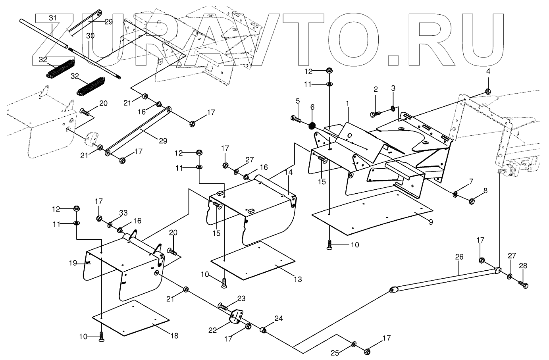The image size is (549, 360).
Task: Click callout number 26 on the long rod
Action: (x=459, y=257)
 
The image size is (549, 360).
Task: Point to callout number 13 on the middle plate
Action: (x=298, y=279)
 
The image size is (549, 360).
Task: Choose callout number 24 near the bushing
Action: (x=279, y=318)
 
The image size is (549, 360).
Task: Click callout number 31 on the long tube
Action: (x=53, y=18)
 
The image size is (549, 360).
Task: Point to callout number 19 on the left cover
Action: (x=72, y=262)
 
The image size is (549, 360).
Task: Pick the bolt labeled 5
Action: (x=296, y=118)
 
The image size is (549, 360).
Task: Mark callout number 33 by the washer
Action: (x=123, y=213)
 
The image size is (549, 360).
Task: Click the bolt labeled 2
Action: (x=375, y=114)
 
